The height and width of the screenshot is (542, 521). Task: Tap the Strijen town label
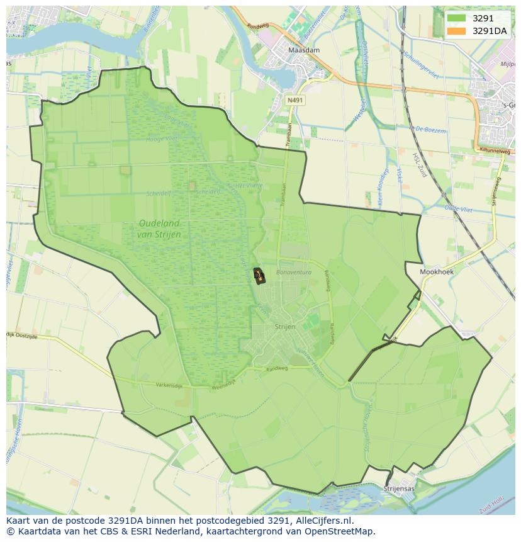(x=285, y=327)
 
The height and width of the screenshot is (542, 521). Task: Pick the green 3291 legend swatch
(x=456, y=18)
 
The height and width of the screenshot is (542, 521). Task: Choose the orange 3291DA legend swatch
(x=456, y=31)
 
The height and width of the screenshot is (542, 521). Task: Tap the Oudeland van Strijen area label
(x=159, y=229)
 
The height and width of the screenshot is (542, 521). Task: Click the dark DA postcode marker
(x=259, y=275)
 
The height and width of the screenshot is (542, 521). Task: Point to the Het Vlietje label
(x=232, y=186)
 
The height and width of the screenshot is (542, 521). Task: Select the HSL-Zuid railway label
(x=419, y=165)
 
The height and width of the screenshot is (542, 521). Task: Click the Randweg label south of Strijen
(x=276, y=369)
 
